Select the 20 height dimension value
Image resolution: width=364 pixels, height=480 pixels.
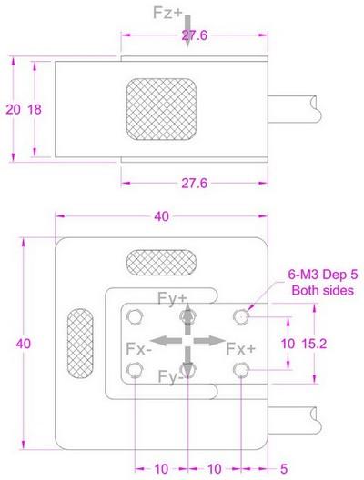12,108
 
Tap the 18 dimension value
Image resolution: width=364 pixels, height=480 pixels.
35,108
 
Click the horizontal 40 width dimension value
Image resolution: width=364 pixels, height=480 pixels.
161,217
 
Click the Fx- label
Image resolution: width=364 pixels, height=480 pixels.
138,348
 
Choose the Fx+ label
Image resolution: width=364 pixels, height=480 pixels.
240,348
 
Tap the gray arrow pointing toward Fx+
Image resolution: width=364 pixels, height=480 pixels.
207,340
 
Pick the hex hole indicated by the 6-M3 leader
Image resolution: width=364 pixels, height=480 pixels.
241,315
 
